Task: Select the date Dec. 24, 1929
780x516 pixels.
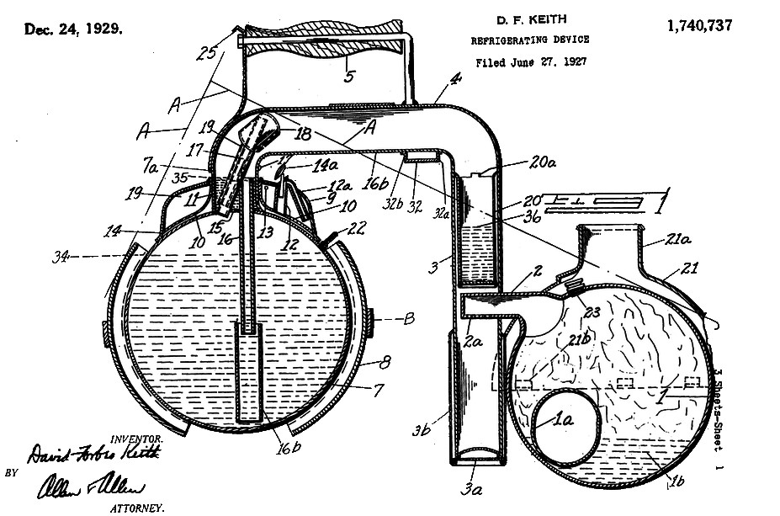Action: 73,29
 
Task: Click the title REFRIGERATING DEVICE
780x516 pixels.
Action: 530,40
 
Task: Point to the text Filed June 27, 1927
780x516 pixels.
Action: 530,61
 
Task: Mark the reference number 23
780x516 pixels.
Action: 592,311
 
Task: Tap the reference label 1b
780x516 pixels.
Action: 675,481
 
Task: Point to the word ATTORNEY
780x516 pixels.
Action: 137,508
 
